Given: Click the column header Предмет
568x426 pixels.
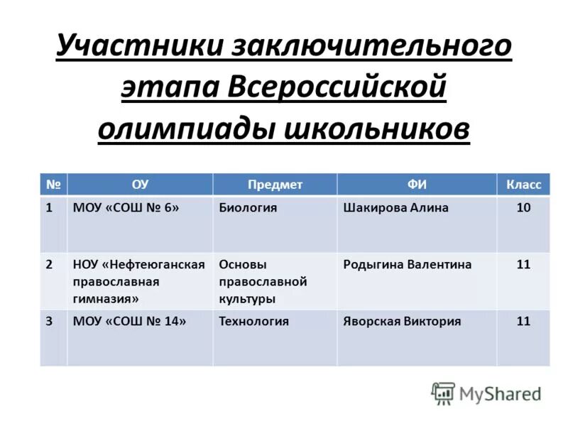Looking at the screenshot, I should [x=275, y=185].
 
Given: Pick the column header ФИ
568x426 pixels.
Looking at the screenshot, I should [x=417, y=185].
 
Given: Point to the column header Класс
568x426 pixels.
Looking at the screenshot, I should [x=523, y=185].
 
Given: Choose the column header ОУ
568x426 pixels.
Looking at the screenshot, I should [x=140, y=185].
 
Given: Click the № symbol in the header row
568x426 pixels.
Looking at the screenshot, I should [x=53, y=185].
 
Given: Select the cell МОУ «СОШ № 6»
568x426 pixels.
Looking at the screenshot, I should [x=126, y=208].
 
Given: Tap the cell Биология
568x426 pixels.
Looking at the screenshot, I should [x=248, y=208].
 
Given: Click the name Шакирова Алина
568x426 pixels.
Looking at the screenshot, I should [x=395, y=208].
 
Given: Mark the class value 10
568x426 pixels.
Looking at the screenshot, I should [x=523, y=208].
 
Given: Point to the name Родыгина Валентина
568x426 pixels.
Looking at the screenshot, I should [x=407, y=264].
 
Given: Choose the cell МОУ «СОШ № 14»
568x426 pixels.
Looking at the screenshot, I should [x=129, y=321].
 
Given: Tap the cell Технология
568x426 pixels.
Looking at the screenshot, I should [x=253, y=321].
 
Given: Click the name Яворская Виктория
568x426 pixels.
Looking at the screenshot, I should [x=402, y=321].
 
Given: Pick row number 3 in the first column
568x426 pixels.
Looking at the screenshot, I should [x=49, y=321].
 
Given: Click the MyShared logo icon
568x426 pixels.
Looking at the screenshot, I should [x=443, y=393].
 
